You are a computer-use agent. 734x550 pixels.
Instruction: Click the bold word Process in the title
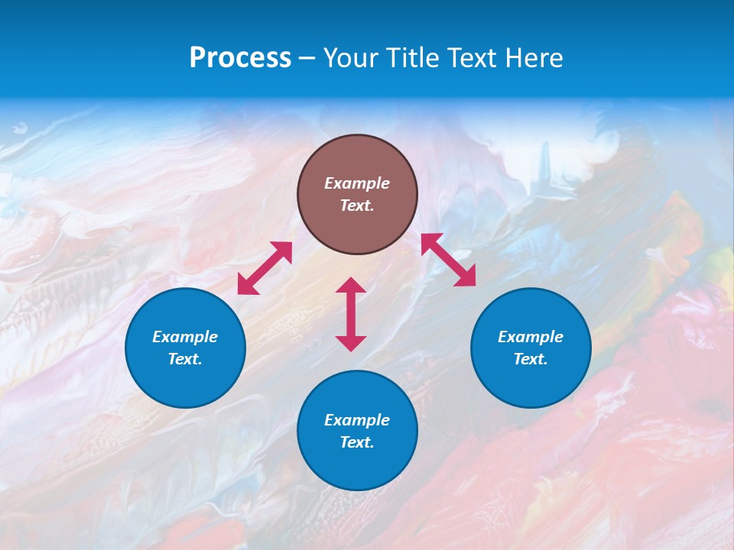240,58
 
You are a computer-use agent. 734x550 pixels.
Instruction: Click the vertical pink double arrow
351,314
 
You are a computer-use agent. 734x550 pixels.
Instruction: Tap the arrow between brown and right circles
448,260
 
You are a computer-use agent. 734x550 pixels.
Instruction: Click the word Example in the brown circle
357,183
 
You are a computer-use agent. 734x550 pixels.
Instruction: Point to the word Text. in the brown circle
357,205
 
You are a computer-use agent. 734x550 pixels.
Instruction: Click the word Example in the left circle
185,337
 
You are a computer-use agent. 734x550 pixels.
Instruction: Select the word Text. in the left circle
185,359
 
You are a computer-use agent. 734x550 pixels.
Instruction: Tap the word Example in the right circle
531,337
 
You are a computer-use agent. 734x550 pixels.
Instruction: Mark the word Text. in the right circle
531,359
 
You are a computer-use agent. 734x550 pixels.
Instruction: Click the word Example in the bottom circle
357,420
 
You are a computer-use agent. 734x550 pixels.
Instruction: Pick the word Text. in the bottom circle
357,442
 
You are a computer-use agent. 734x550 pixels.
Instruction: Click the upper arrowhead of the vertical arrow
351,285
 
